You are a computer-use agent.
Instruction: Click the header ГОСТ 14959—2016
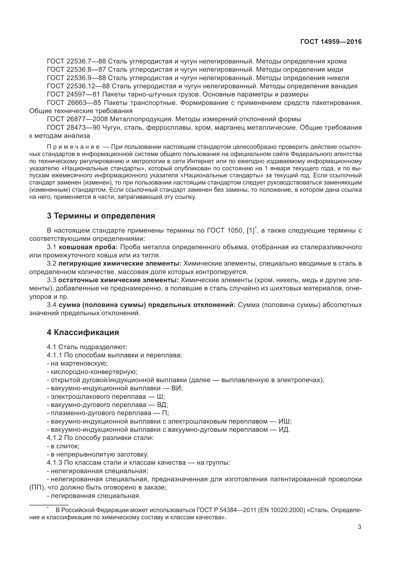pos(331,42)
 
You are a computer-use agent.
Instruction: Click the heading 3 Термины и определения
pos(101,216)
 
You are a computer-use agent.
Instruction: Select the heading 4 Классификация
pos(83,333)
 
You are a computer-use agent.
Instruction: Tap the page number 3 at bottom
pos(359,527)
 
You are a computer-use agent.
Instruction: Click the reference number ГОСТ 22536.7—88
pos(77,61)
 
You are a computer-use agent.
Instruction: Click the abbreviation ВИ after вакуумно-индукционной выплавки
pos(177,388)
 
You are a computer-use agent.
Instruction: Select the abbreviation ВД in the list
pos(163,405)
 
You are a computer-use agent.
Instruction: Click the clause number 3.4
pos(51,305)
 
